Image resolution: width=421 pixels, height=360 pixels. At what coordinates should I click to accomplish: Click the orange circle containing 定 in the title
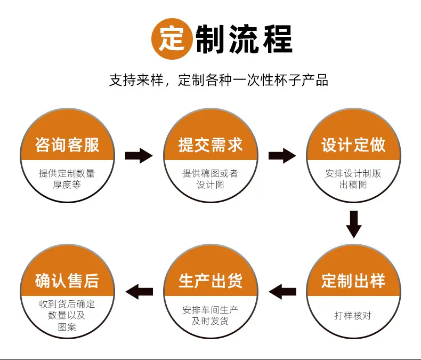tap(172, 39)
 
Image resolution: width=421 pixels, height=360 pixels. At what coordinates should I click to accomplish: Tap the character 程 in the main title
tap(278, 39)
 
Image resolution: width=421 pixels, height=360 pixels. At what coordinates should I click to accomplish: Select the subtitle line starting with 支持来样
tap(218, 80)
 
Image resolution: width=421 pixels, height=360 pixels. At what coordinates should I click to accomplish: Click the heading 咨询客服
tap(67, 145)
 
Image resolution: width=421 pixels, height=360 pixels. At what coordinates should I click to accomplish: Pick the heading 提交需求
tap(210, 145)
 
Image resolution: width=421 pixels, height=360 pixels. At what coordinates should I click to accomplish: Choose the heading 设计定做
tap(354, 145)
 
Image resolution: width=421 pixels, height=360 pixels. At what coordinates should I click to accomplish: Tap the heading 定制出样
tap(354, 281)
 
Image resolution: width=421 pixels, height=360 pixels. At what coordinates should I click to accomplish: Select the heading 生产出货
tap(210, 281)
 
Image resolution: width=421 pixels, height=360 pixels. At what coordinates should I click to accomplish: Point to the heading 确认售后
tap(67, 281)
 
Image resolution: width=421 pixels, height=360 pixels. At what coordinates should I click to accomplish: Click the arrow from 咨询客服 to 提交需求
tap(139, 156)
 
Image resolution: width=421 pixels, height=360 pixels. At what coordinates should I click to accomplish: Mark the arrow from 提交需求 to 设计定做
tap(282, 156)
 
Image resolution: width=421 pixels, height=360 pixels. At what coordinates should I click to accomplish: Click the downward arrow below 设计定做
tap(354, 225)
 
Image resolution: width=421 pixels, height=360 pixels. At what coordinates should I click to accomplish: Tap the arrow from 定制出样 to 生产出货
tap(282, 292)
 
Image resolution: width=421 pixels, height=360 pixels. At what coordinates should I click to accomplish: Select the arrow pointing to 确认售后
tap(139, 292)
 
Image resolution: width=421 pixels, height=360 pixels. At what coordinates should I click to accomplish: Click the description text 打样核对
tap(353, 316)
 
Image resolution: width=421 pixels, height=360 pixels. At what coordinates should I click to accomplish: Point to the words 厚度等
tap(67, 185)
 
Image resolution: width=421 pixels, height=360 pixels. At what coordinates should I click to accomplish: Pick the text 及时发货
tap(210, 321)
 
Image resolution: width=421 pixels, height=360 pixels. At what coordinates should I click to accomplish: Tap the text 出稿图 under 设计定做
tap(353, 185)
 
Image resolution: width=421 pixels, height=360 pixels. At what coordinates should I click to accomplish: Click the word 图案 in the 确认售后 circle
tap(67, 327)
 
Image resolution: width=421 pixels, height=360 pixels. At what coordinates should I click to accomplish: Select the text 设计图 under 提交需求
tap(210, 185)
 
